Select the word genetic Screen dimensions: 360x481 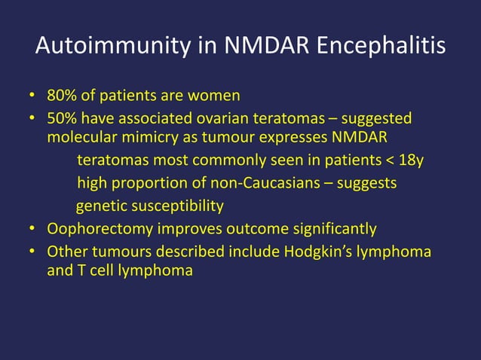[x=101, y=206]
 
